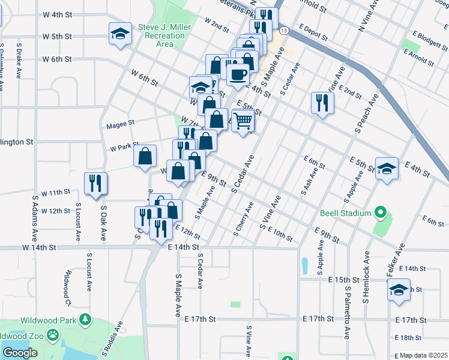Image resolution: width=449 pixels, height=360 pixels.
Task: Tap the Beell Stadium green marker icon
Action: [x=380, y=212]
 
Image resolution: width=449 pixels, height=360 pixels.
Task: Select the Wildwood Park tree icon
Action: [x=86, y=319]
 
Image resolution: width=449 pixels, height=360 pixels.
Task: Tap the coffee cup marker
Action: [x=238, y=74]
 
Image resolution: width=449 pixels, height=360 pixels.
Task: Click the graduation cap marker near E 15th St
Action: [x=399, y=291]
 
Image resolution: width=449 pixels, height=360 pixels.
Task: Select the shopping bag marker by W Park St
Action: [x=145, y=156]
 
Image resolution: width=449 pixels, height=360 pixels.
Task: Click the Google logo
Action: [x=20, y=353]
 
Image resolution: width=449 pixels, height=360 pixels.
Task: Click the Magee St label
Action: [x=120, y=126]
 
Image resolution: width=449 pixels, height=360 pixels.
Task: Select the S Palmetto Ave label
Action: [x=347, y=313]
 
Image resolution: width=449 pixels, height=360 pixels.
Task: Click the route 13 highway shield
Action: [x=283, y=30]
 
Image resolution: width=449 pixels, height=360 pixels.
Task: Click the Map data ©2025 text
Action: [x=423, y=355]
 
